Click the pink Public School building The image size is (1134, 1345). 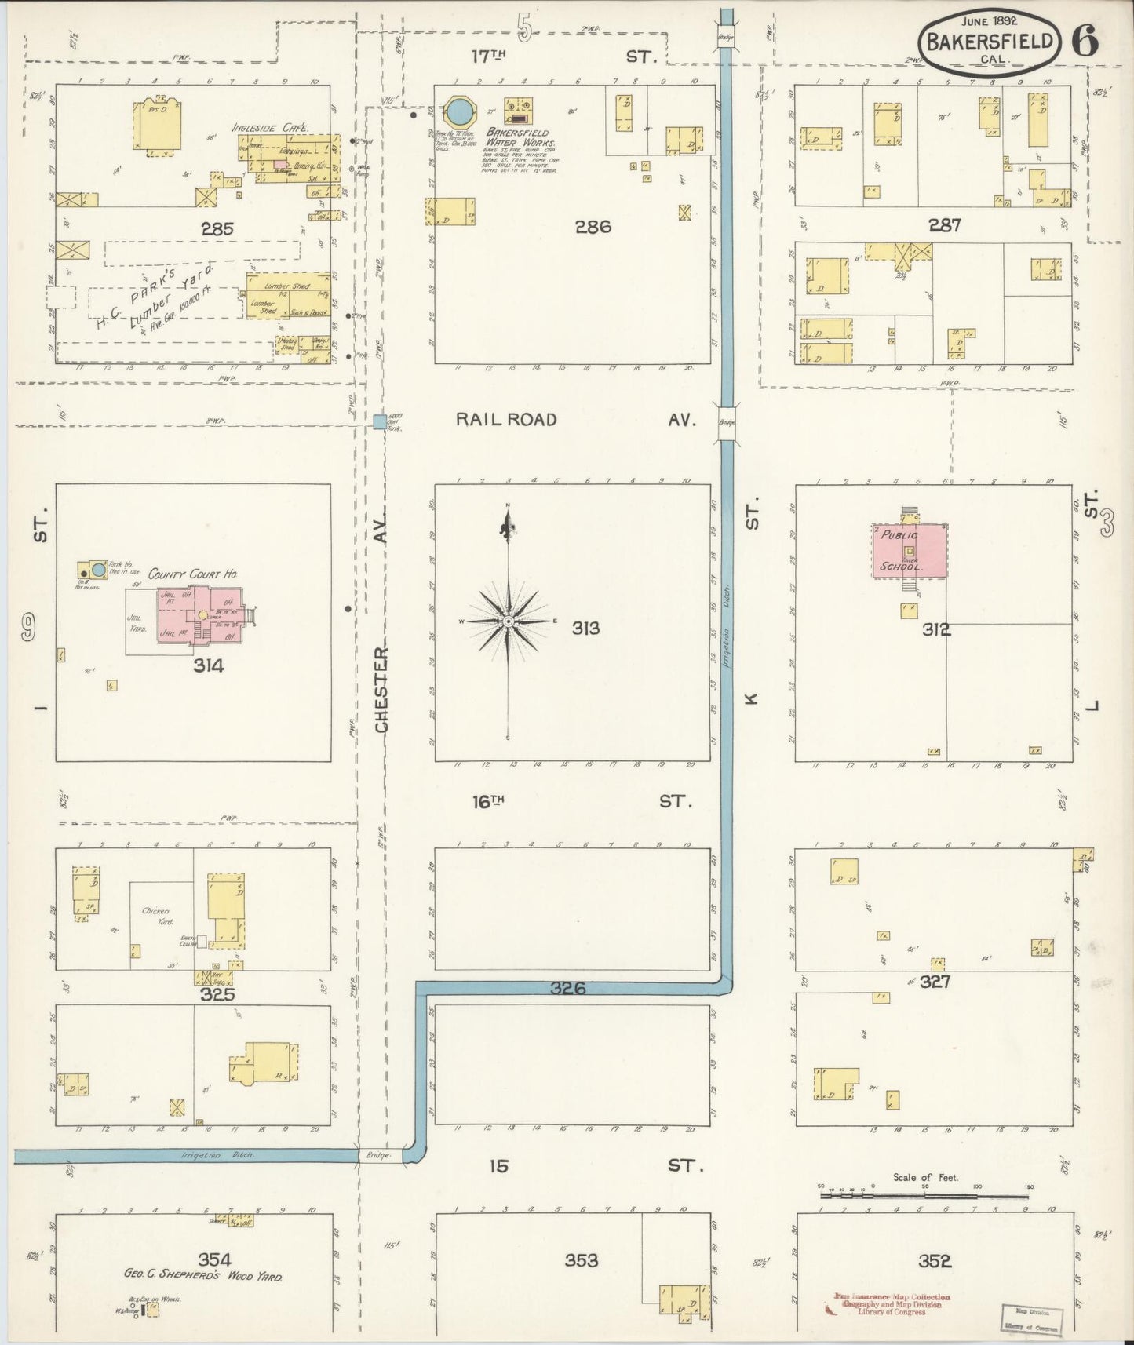(909, 551)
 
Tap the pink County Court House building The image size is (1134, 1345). (202, 617)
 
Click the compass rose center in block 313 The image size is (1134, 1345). (509, 621)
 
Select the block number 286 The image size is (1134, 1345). (593, 227)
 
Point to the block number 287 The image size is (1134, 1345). (944, 225)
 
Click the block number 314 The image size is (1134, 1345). (209, 665)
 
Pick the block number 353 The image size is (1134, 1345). (581, 1260)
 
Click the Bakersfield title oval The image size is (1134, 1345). (989, 42)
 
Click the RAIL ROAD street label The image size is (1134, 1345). (506, 420)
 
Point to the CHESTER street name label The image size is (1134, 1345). (381, 691)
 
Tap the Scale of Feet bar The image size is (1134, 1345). (924, 1196)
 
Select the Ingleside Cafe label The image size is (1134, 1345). (270, 127)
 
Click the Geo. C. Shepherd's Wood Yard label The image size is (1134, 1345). (202, 1276)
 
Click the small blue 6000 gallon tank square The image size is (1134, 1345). (380, 422)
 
